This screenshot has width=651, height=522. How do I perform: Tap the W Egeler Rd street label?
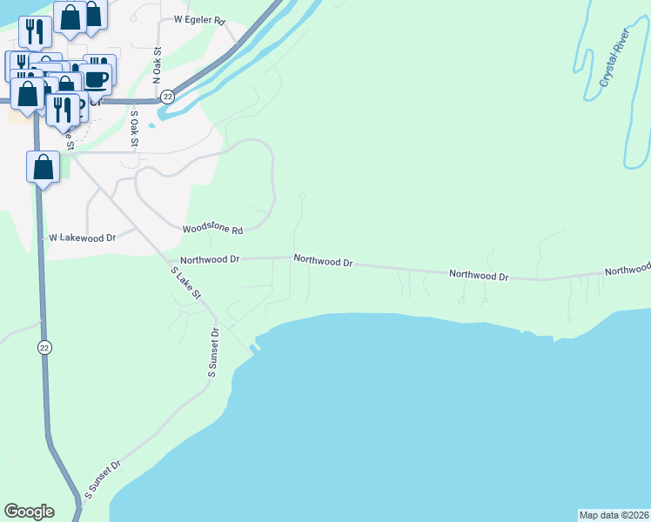[199, 18]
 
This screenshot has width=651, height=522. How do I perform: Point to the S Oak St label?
[134, 126]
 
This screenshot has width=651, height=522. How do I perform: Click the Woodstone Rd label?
[211, 230]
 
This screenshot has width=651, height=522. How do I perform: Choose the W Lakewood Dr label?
[82, 237]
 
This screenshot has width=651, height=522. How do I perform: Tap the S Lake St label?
[185, 284]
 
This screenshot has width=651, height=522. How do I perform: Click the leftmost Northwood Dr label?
[209, 259]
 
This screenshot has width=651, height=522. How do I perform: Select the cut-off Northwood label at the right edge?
[628, 271]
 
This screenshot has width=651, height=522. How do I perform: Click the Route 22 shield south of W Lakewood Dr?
[44, 347]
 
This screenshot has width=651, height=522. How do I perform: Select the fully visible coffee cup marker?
[97, 78]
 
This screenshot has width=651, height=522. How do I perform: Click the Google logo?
[29, 512]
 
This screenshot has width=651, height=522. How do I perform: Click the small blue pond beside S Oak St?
[151, 124]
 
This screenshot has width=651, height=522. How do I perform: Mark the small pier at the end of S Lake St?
[254, 348]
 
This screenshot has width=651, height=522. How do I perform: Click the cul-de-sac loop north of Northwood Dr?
[302, 197]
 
